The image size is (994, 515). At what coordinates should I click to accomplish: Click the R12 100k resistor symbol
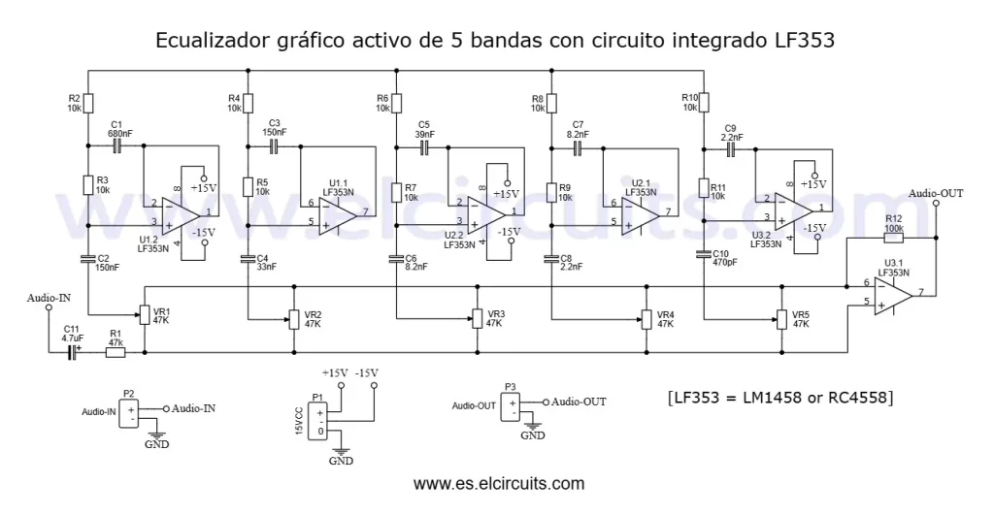tap(893, 237)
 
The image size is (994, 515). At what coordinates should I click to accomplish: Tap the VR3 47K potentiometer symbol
tap(476, 318)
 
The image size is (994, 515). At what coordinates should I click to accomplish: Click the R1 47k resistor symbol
tap(116, 353)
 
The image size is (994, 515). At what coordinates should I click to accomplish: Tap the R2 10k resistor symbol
tap(88, 103)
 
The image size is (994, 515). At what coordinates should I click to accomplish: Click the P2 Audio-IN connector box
tap(129, 414)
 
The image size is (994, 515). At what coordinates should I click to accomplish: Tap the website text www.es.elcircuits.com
tap(499, 483)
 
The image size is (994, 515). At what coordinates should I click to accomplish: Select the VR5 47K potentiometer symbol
tap(781, 318)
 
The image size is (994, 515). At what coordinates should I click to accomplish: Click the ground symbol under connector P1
tap(341, 452)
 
